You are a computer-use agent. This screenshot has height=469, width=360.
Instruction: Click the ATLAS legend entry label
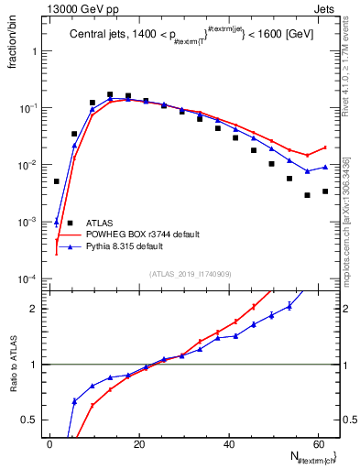pyautogui.click(x=100, y=223)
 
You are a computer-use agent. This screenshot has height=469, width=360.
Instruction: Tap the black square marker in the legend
pyautogui.click(x=71, y=223)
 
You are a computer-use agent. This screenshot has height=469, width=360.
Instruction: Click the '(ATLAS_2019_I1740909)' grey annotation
pyautogui.click(x=191, y=273)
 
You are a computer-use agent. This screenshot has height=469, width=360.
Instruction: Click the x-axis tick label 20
pyautogui.click(x=139, y=442)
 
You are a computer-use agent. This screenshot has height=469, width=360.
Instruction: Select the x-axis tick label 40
pyautogui.click(x=228, y=442)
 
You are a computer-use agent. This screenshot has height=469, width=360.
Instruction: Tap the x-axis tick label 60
pyautogui.click(x=317, y=442)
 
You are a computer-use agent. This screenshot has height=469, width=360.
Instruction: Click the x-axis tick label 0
pyautogui.click(x=49, y=442)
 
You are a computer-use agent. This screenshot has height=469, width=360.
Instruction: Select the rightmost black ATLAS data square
pyautogui.click(x=325, y=191)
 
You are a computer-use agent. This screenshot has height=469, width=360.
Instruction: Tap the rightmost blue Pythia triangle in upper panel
pyautogui.click(x=325, y=167)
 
